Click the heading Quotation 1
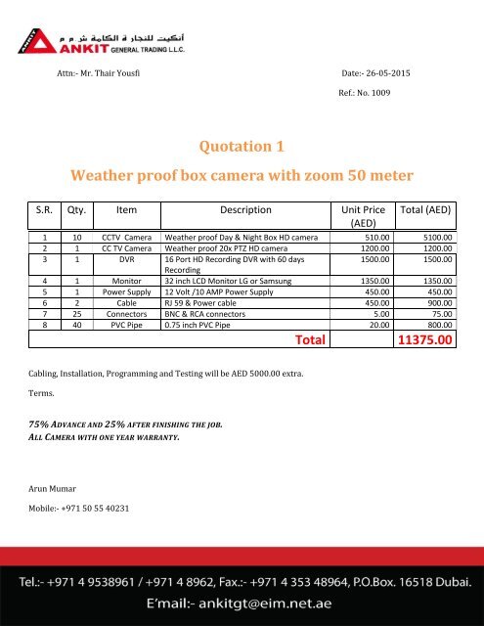click(242, 147)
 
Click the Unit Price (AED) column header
click(364, 216)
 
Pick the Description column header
click(245, 208)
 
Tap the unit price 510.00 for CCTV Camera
click(374, 238)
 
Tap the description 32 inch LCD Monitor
click(233, 279)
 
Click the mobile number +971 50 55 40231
click(93, 508)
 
